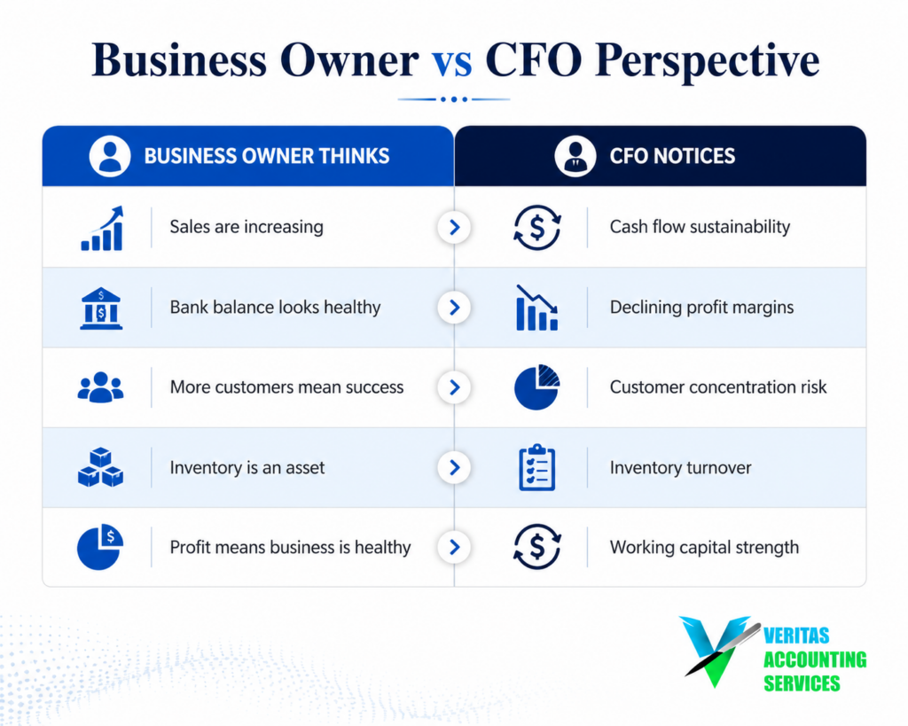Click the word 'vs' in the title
coord(451,61)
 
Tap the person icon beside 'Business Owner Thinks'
coord(109,156)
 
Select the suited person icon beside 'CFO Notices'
coord(575,156)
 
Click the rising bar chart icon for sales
coord(102,228)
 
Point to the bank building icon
coord(101,308)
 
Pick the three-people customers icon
coord(100,387)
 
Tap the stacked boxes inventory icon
coord(100,467)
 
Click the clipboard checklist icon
coord(536,467)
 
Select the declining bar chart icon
coord(536,308)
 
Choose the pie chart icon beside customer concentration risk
coord(536,387)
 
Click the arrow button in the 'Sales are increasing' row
coord(454,227)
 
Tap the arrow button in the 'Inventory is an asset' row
coord(454,467)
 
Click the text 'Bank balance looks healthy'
coord(275,307)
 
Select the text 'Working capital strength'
coord(704,547)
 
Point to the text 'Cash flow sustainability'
coord(700,226)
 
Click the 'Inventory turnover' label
coord(680,467)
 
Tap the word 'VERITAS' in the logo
coord(796,636)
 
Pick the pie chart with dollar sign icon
coord(99,547)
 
